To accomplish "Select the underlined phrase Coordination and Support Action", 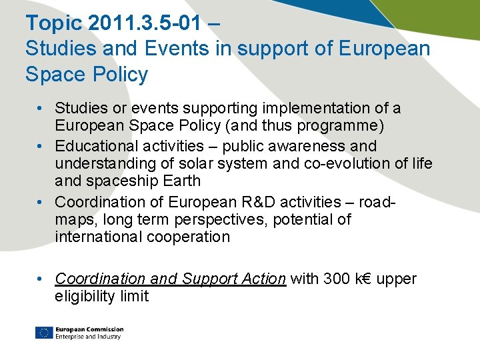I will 170,279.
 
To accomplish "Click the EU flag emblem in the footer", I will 44,333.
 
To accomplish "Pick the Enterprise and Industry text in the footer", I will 89,337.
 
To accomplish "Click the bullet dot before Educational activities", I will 41,146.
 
